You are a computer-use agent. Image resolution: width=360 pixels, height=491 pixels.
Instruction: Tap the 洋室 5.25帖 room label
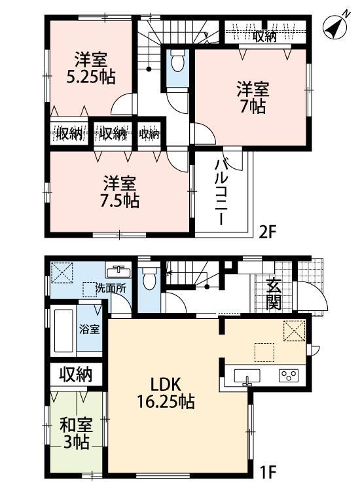pos(92,67)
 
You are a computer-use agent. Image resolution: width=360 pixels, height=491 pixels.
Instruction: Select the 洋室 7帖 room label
pos(251,98)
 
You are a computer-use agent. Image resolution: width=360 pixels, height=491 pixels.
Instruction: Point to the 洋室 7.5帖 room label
pos(120,191)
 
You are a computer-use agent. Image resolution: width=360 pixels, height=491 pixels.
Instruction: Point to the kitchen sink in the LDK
pos(247,376)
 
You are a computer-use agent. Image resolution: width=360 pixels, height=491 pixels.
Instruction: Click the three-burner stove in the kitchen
pos(289,376)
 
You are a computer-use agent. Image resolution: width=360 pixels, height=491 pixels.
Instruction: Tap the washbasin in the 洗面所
pos(119,270)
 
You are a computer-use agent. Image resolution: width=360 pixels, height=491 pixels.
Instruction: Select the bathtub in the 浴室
pos(63,330)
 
